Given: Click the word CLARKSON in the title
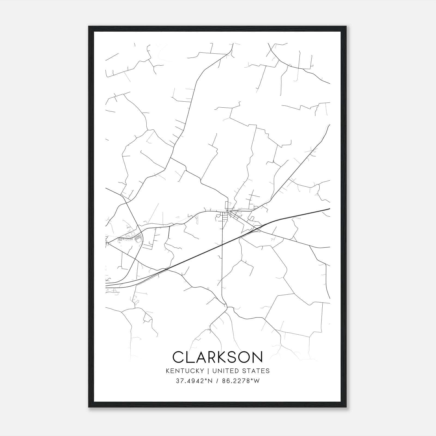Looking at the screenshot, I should (x=218, y=357).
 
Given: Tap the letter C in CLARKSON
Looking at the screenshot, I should (x=178, y=357).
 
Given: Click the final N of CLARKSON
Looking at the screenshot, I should (x=257, y=357).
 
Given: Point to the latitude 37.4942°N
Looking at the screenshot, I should (x=193, y=381).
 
